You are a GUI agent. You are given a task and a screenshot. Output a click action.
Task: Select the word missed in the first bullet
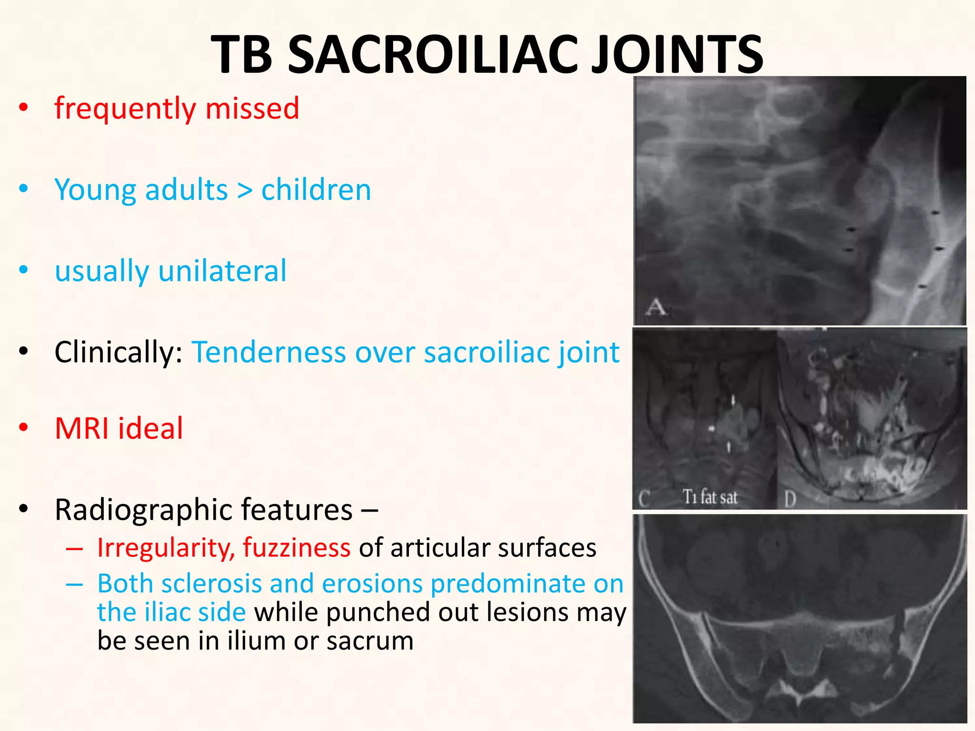252,109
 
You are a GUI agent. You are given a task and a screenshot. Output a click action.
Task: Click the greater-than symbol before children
244,190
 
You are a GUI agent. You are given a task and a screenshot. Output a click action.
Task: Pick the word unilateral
222,271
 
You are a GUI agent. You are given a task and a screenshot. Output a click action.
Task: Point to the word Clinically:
119,353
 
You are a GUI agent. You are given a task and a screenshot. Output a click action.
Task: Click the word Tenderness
269,353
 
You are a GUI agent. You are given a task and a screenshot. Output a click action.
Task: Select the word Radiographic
143,510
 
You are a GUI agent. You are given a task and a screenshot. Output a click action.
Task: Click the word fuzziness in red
296,548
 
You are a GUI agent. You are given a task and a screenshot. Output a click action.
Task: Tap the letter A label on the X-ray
656,307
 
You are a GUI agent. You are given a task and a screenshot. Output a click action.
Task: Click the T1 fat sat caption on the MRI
710,497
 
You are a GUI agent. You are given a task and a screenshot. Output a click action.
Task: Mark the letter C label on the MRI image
645,499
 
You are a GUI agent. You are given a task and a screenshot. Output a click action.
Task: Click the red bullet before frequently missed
23,109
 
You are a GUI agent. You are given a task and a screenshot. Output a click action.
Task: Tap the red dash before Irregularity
74,549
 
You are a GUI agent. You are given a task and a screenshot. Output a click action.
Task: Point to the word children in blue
316,190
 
